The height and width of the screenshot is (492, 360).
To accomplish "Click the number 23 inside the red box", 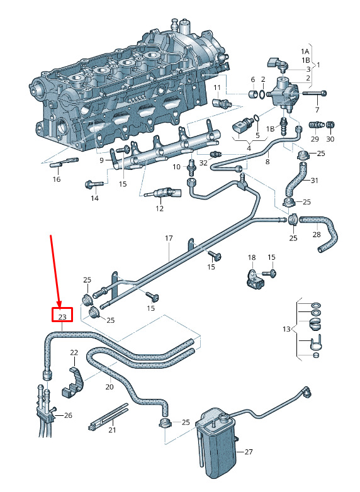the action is (62, 316).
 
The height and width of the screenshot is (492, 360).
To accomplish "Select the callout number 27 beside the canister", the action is (249, 452).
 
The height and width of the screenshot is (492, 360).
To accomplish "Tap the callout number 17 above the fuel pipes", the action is (169, 238).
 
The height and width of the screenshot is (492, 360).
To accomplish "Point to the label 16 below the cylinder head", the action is (57, 179).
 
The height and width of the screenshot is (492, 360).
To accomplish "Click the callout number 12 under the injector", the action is (159, 208).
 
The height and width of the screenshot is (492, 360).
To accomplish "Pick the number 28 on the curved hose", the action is (317, 235).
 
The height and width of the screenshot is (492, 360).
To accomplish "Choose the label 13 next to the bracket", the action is (286, 329).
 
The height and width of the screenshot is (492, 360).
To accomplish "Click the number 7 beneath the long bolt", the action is (317, 110).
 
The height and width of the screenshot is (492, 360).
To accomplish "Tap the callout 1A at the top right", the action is (305, 51).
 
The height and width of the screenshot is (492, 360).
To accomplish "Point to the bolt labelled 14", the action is (94, 184).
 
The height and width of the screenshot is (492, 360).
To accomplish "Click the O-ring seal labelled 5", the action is (256, 118).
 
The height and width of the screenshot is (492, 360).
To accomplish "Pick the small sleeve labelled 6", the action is (253, 94).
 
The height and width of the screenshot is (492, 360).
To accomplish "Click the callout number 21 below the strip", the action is (112, 430).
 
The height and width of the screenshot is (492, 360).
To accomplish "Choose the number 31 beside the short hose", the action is (314, 181).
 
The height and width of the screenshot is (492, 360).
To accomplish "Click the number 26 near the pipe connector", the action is (68, 415).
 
